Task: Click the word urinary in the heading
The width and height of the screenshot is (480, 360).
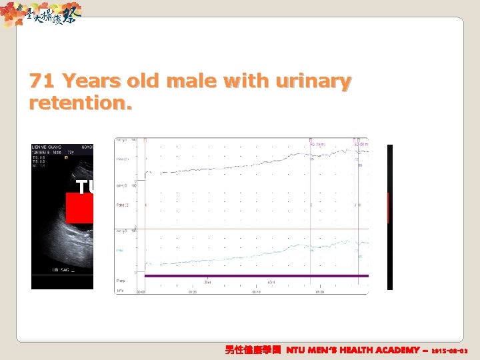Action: coord(317,82)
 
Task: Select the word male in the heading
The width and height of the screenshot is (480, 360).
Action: coord(193,82)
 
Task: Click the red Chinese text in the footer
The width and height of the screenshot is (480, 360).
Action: coord(253,350)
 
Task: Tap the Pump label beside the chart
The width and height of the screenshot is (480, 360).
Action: coord(121,281)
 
